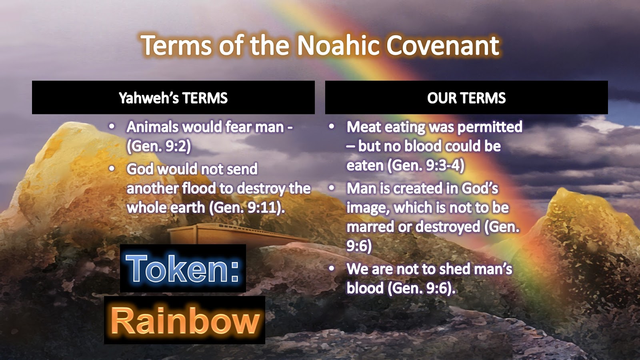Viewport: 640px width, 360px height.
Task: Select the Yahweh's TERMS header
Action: (x=173, y=98)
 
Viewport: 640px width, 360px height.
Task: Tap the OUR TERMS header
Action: (x=466, y=98)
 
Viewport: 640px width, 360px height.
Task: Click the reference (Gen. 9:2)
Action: (x=159, y=146)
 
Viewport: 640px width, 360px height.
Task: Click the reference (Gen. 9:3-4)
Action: (x=426, y=166)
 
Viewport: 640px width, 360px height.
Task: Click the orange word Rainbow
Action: (x=185, y=321)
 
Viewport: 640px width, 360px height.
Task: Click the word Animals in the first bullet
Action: (x=152, y=127)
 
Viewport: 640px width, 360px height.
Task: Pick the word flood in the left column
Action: (x=198, y=188)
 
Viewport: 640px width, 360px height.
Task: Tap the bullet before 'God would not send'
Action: (x=112, y=169)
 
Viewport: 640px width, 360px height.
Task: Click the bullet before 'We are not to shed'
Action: (x=331, y=269)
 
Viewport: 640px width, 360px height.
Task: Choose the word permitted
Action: (x=490, y=127)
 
